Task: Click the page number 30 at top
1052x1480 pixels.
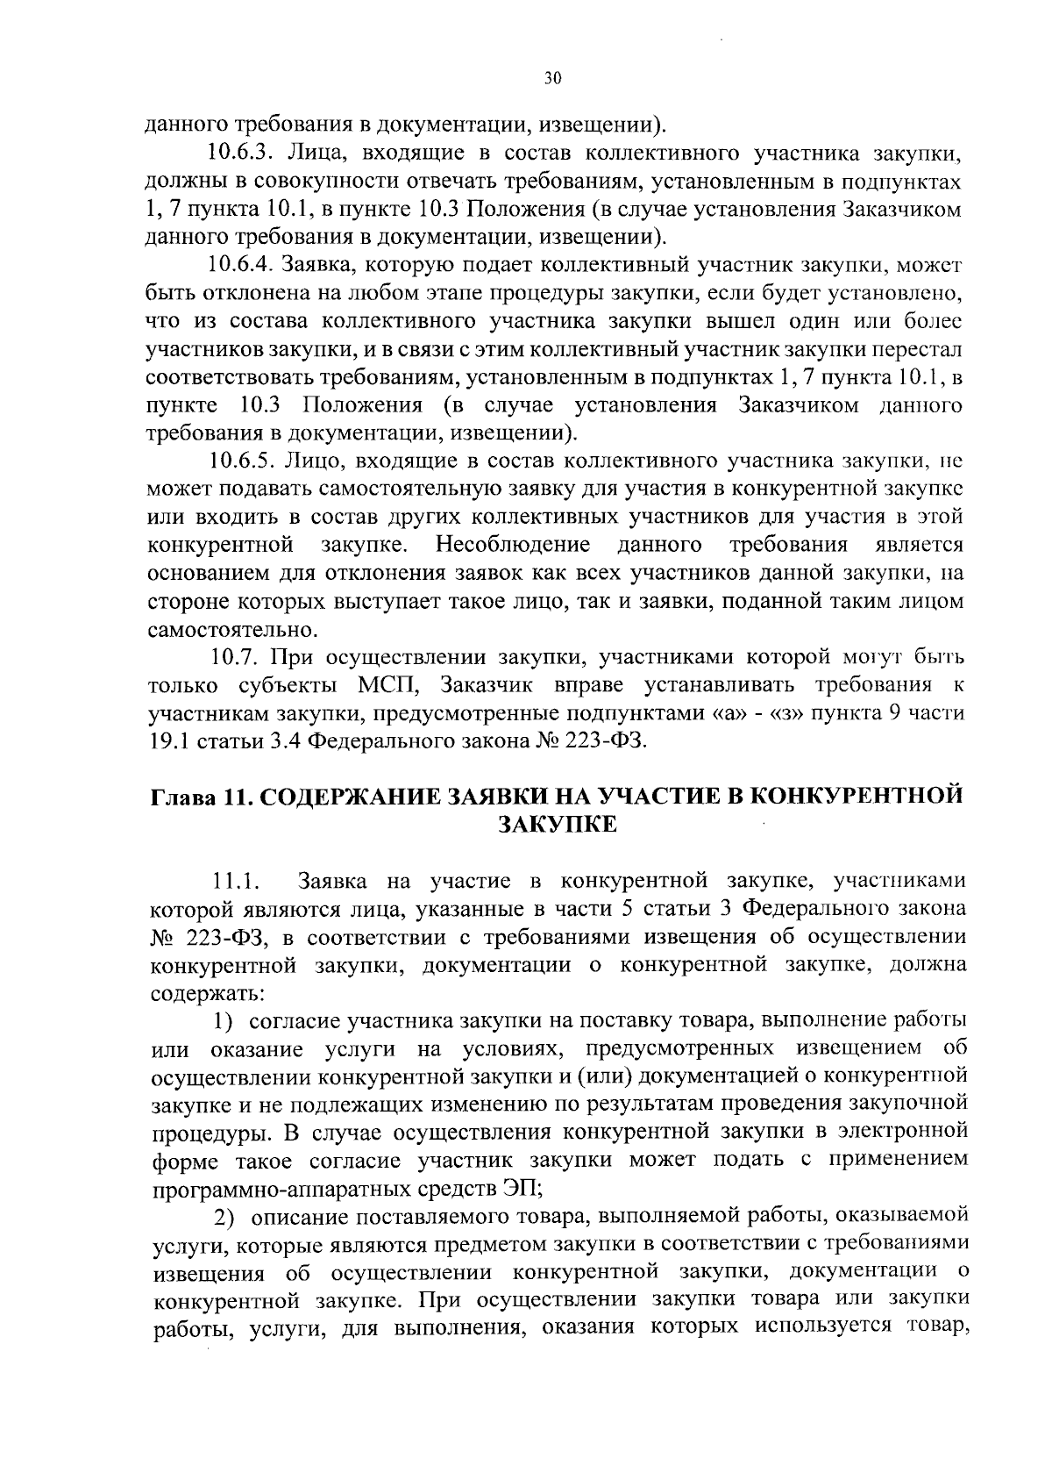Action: click(x=551, y=78)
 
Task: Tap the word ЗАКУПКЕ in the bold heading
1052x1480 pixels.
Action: click(x=558, y=826)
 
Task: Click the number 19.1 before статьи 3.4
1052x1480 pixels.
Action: click(x=167, y=740)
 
